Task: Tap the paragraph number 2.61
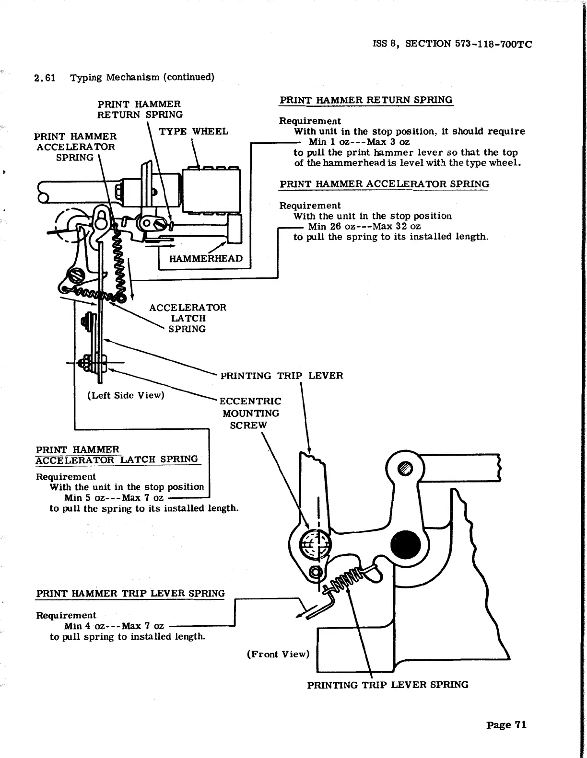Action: click(45, 78)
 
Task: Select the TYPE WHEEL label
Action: click(193, 132)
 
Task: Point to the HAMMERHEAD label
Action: click(206, 259)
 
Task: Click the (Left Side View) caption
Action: click(126, 395)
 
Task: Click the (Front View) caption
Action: click(278, 654)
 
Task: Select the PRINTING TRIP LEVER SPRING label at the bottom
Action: click(387, 685)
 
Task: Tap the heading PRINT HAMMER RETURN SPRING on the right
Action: click(366, 100)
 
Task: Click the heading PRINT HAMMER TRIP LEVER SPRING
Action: click(130, 593)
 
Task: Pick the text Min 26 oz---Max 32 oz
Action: click(364, 226)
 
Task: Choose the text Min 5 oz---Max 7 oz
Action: click(114, 498)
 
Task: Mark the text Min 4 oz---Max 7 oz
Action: click(114, 626)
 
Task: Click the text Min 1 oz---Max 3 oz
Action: click(359, 142)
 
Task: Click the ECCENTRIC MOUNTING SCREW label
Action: click(249, 413)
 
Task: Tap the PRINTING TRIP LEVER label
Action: click(282, 376)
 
